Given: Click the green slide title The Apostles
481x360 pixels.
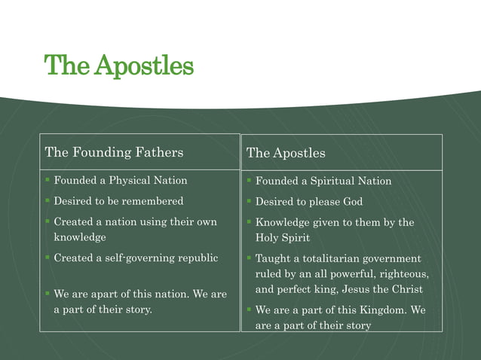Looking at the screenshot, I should [x=119, y=66].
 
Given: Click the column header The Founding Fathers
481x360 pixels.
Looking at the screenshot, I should [x=114, y=152].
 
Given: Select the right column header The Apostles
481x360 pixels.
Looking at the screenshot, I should [x=286, y=153].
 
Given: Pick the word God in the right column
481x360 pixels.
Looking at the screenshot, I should [x=352, y=202].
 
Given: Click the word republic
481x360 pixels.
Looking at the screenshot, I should [x=195, y=258].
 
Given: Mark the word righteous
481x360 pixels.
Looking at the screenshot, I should [x=403, y=274].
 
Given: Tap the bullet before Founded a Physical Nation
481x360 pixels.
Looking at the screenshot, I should [x=47, y=181].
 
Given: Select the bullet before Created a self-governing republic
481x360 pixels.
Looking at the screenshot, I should [x=47, y=258].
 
